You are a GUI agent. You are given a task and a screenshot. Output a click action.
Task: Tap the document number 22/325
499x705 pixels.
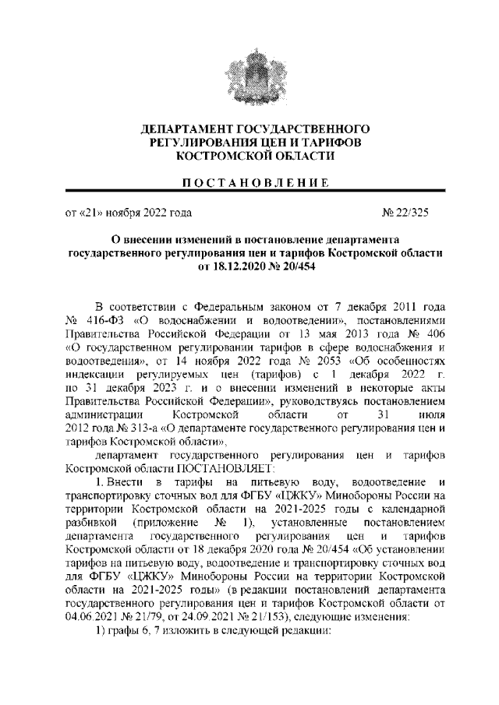click(x=412, y=212)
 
